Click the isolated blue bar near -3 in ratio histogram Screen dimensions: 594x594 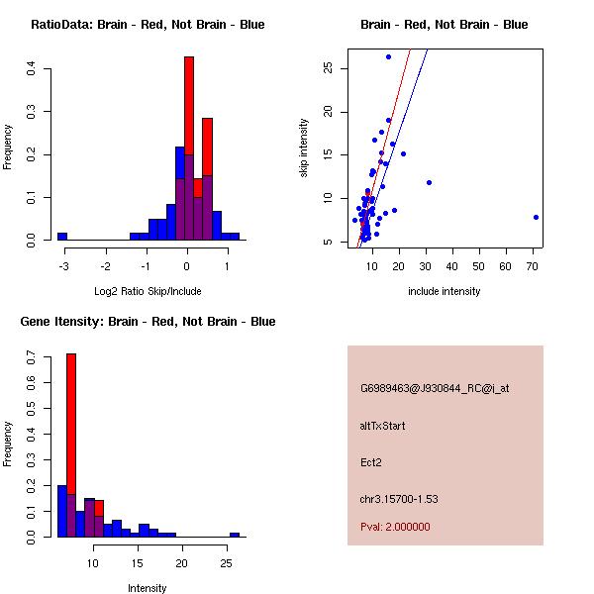pos(62,237)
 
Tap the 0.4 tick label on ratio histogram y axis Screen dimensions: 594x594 pos(32,69)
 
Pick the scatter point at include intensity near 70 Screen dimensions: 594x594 pos(536,217)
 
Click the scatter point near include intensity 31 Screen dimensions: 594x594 pos(429,182)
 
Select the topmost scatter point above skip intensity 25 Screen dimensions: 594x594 pos(388,56)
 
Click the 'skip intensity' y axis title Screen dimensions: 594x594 pos(304,148)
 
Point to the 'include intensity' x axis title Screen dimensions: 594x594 pos(445,291)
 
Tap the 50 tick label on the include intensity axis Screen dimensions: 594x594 pos(479,265)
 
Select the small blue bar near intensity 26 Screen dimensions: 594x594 pos(235,535)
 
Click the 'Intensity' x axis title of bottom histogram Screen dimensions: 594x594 pos(148,588)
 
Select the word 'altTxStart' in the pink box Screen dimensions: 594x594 pos(383,426)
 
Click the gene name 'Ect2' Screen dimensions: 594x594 pos(370,462)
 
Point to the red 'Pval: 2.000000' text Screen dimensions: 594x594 pos(395,527)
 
